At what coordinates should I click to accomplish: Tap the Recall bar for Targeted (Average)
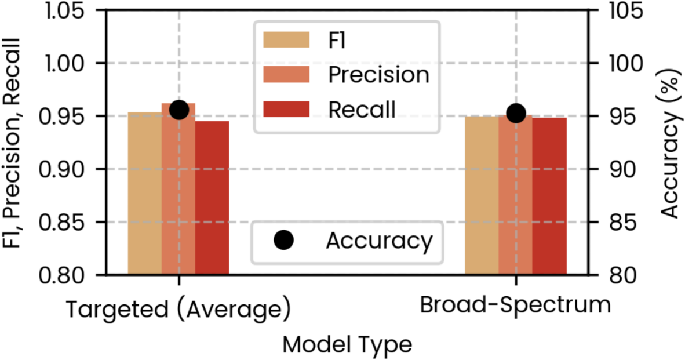tap(212, 198)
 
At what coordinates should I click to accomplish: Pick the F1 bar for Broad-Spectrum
tap(482, 195)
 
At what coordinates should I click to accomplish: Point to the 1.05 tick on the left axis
tap(70, 10)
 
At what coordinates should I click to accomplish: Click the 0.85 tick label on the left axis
tap(70, 222)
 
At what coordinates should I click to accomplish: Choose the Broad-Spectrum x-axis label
tap(515, 306)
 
